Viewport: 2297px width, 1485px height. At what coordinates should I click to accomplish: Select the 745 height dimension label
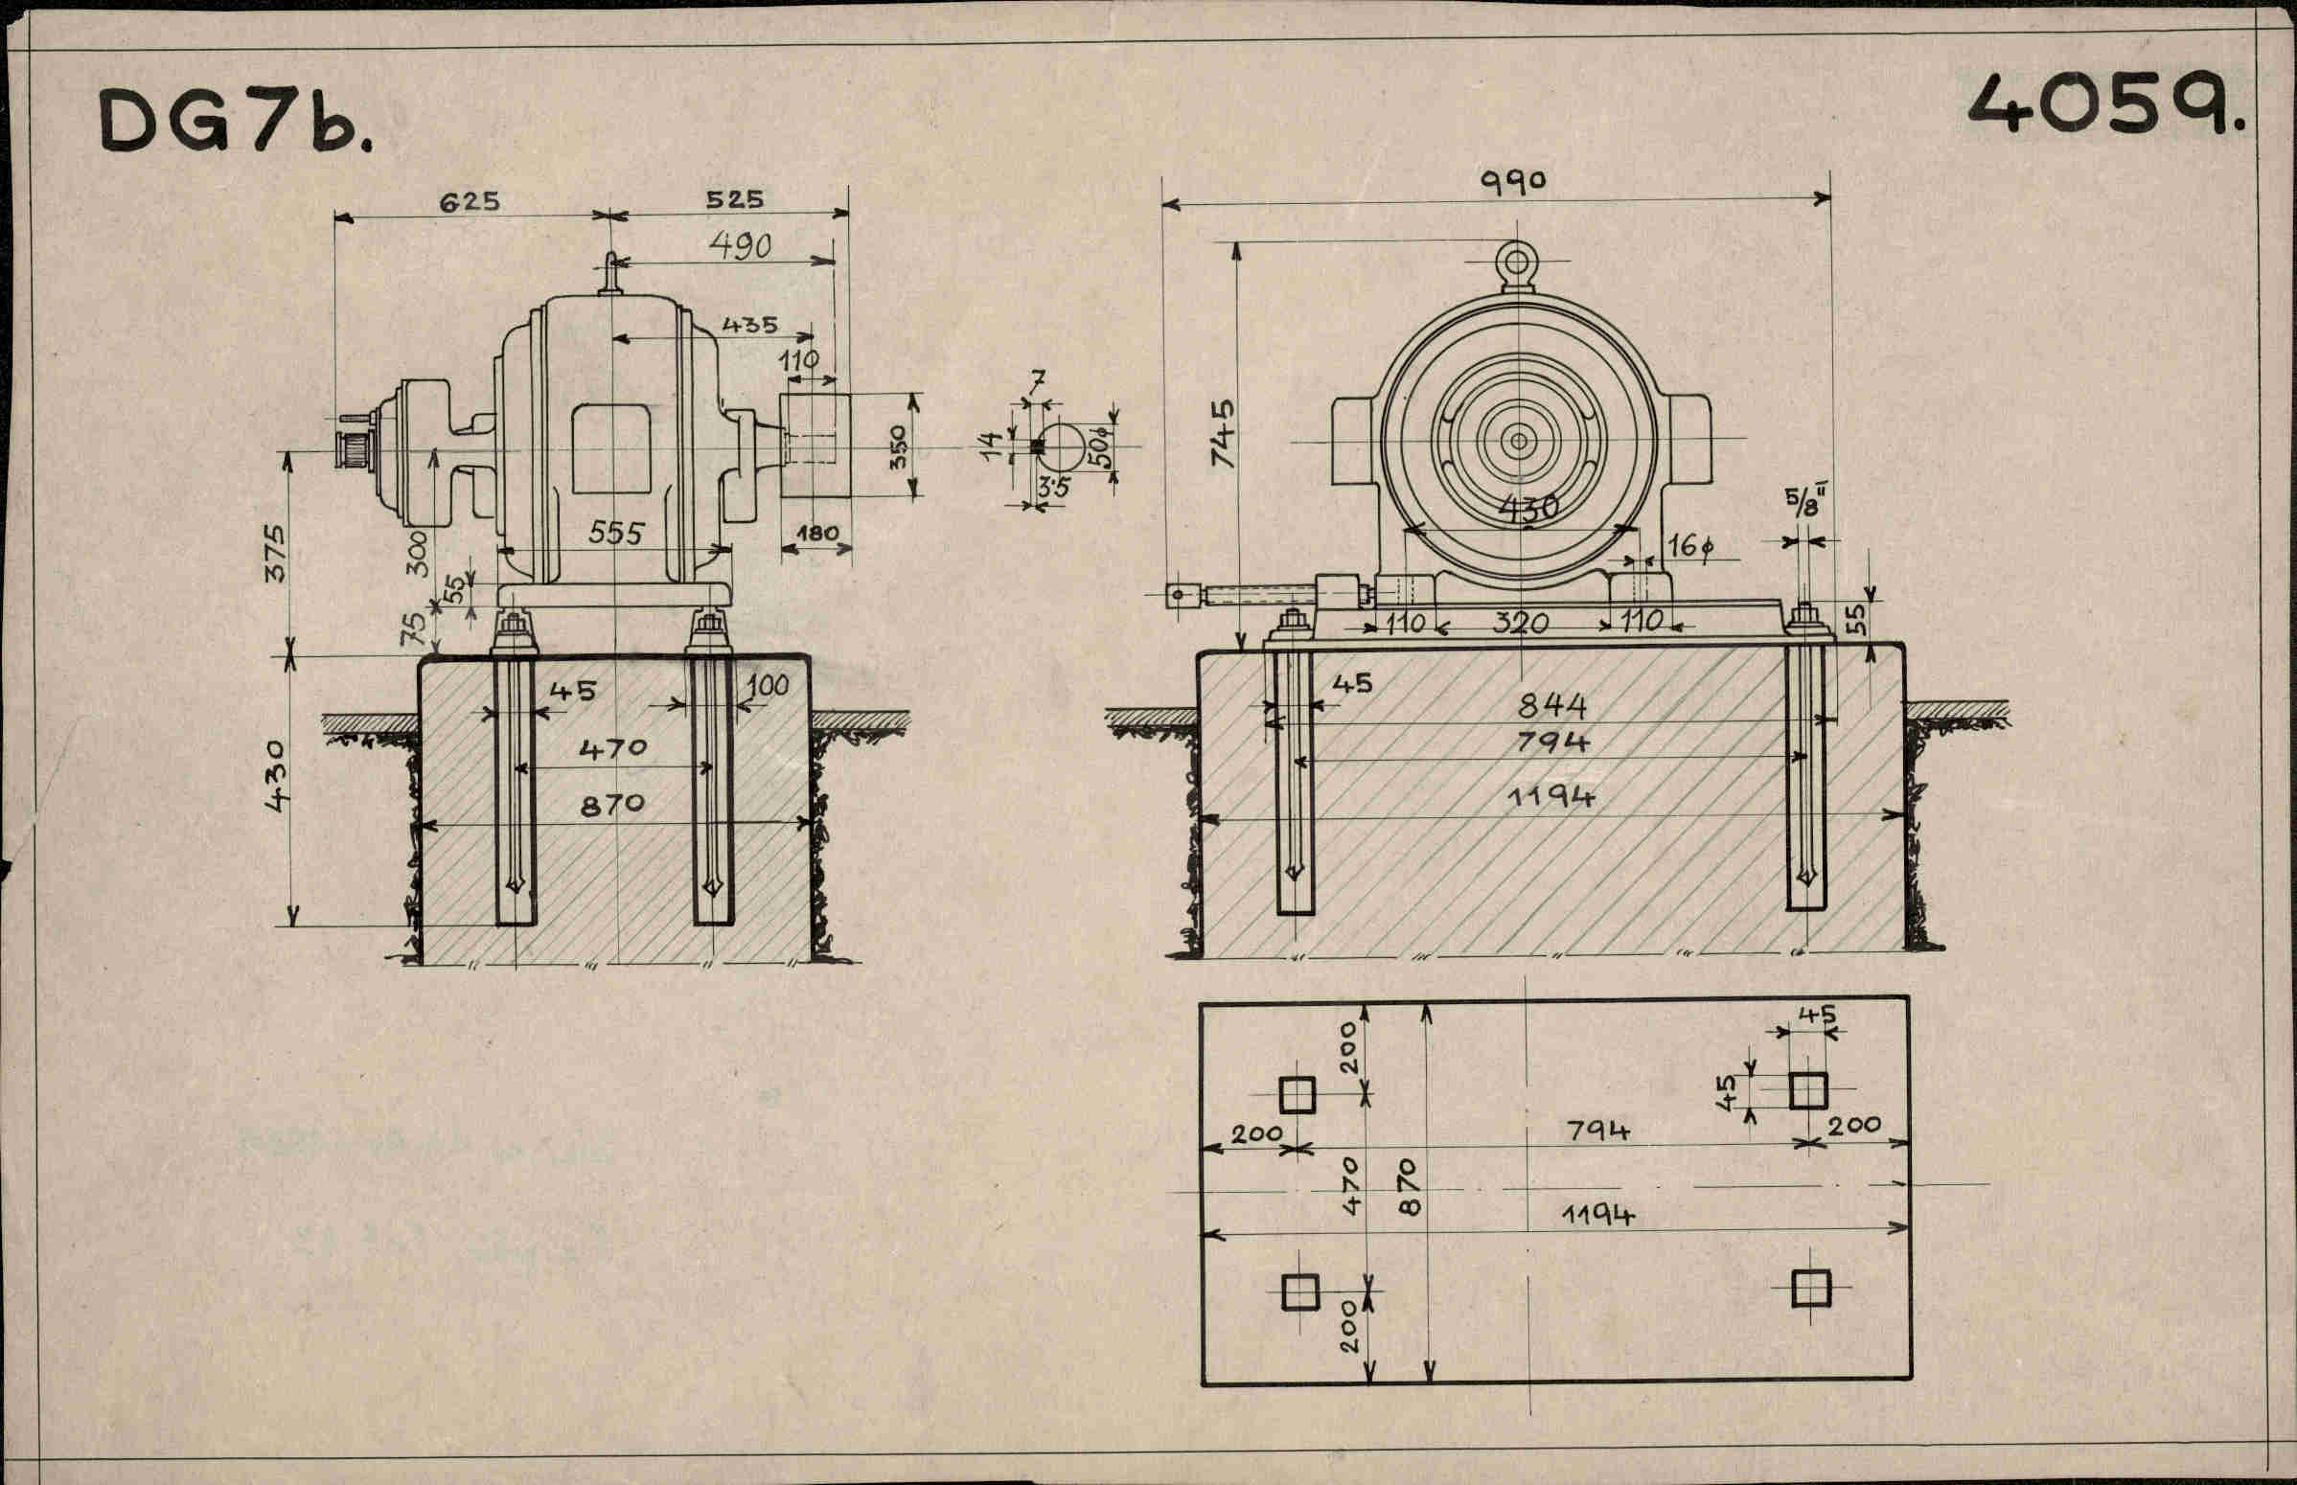point(1222,433)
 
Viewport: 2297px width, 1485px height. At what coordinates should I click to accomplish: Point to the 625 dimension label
point(471,201)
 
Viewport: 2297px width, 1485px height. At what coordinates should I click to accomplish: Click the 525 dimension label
point(734,199)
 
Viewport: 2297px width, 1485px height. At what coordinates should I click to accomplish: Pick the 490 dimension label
point(740,246)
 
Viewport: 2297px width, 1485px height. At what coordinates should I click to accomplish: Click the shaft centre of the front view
point(1519,442)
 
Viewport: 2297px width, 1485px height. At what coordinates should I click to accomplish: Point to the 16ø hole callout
point(1690,547)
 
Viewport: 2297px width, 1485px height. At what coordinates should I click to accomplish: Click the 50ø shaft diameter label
point(1100,445)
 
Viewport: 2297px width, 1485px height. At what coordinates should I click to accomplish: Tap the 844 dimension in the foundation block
point(1551,707)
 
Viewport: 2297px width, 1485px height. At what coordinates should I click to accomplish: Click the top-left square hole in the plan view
point(1297,1094)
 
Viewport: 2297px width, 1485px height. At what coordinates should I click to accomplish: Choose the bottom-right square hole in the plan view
point(1810,1289)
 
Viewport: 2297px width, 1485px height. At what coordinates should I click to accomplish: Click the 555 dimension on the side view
point(615,534)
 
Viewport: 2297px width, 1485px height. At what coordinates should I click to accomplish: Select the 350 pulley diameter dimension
point(898,446)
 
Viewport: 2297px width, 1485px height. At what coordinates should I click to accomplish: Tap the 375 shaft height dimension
point(275,552)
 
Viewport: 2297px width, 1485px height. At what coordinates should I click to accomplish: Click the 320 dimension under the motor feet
point(1520,623)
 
